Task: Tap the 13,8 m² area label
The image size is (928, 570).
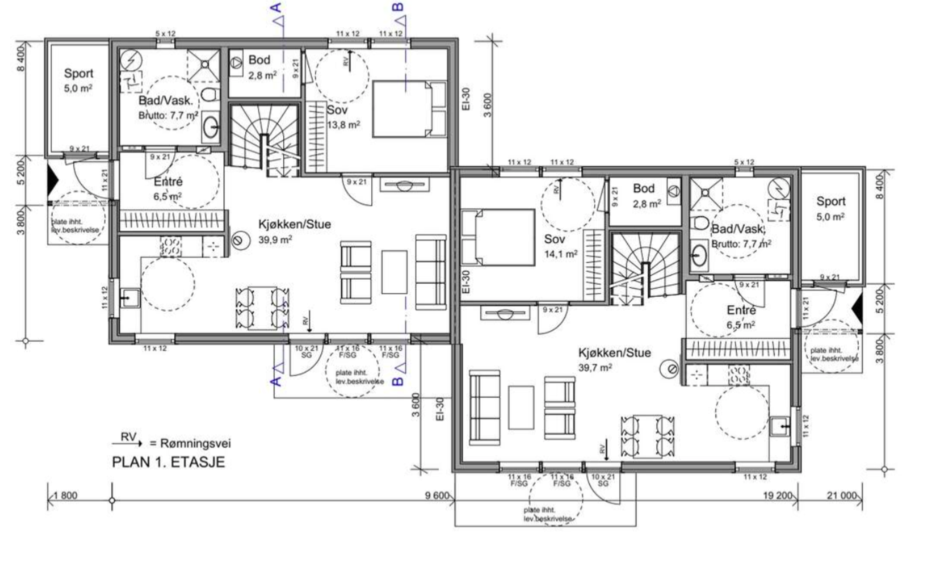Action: pos(343,125)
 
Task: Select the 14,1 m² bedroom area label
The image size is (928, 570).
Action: pos(560,254)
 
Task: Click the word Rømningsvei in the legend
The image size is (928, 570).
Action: pos(195,443)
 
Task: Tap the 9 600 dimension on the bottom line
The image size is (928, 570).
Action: pos(437,495)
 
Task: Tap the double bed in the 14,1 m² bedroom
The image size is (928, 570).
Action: pos(498,237)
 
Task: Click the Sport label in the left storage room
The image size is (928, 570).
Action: pos(79,73)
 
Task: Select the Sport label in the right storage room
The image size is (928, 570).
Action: pos(831,201)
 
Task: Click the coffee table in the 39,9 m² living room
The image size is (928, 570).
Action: pos(394,272)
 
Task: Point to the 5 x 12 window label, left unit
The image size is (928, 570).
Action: pos(166,34)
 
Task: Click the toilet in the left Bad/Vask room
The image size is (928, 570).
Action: pos(210,94)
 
